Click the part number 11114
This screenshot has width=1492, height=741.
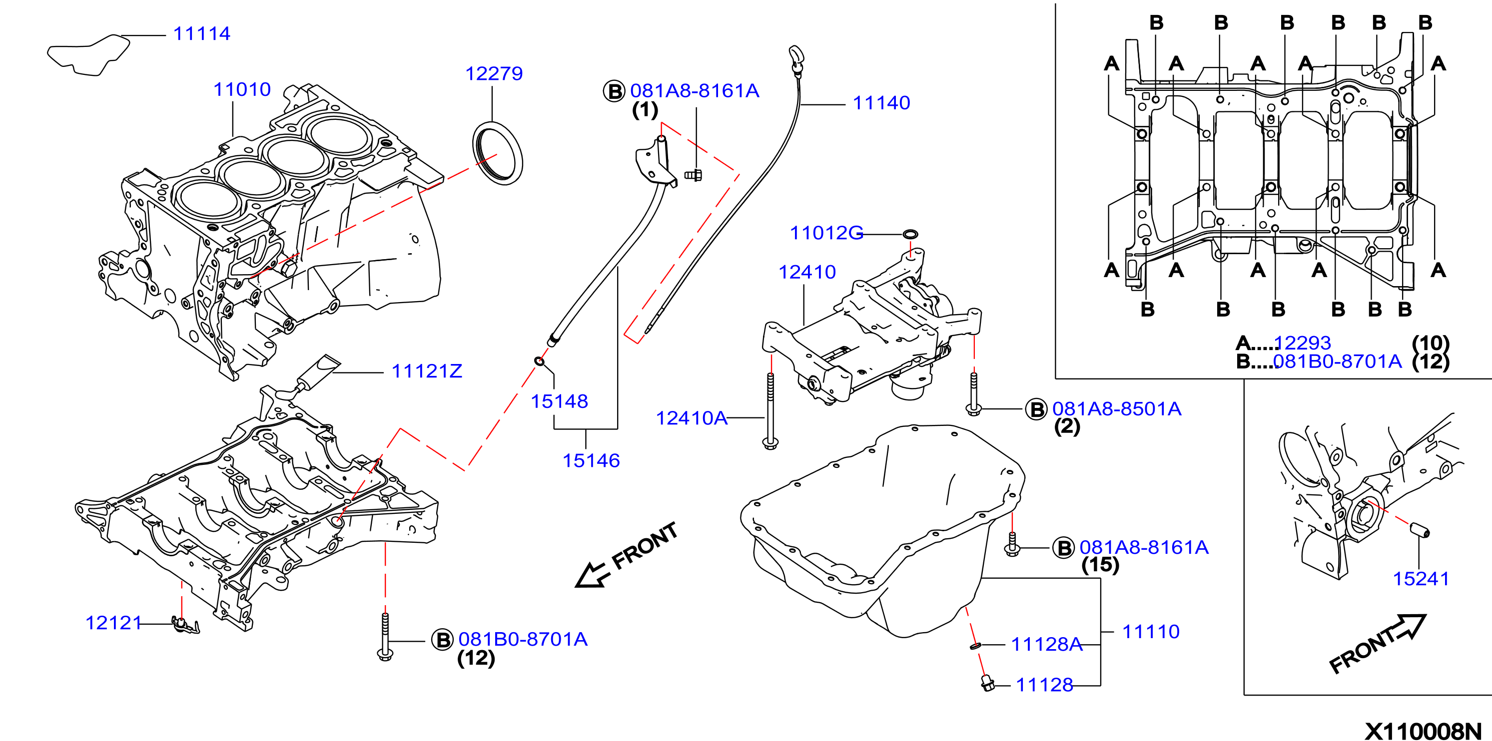[201, 33]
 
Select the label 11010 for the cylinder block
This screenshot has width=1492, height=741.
[242, 89]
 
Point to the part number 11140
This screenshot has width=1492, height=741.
[881, 103]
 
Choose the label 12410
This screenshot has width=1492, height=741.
[807, 272]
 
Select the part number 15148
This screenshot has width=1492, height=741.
[560, 401]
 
